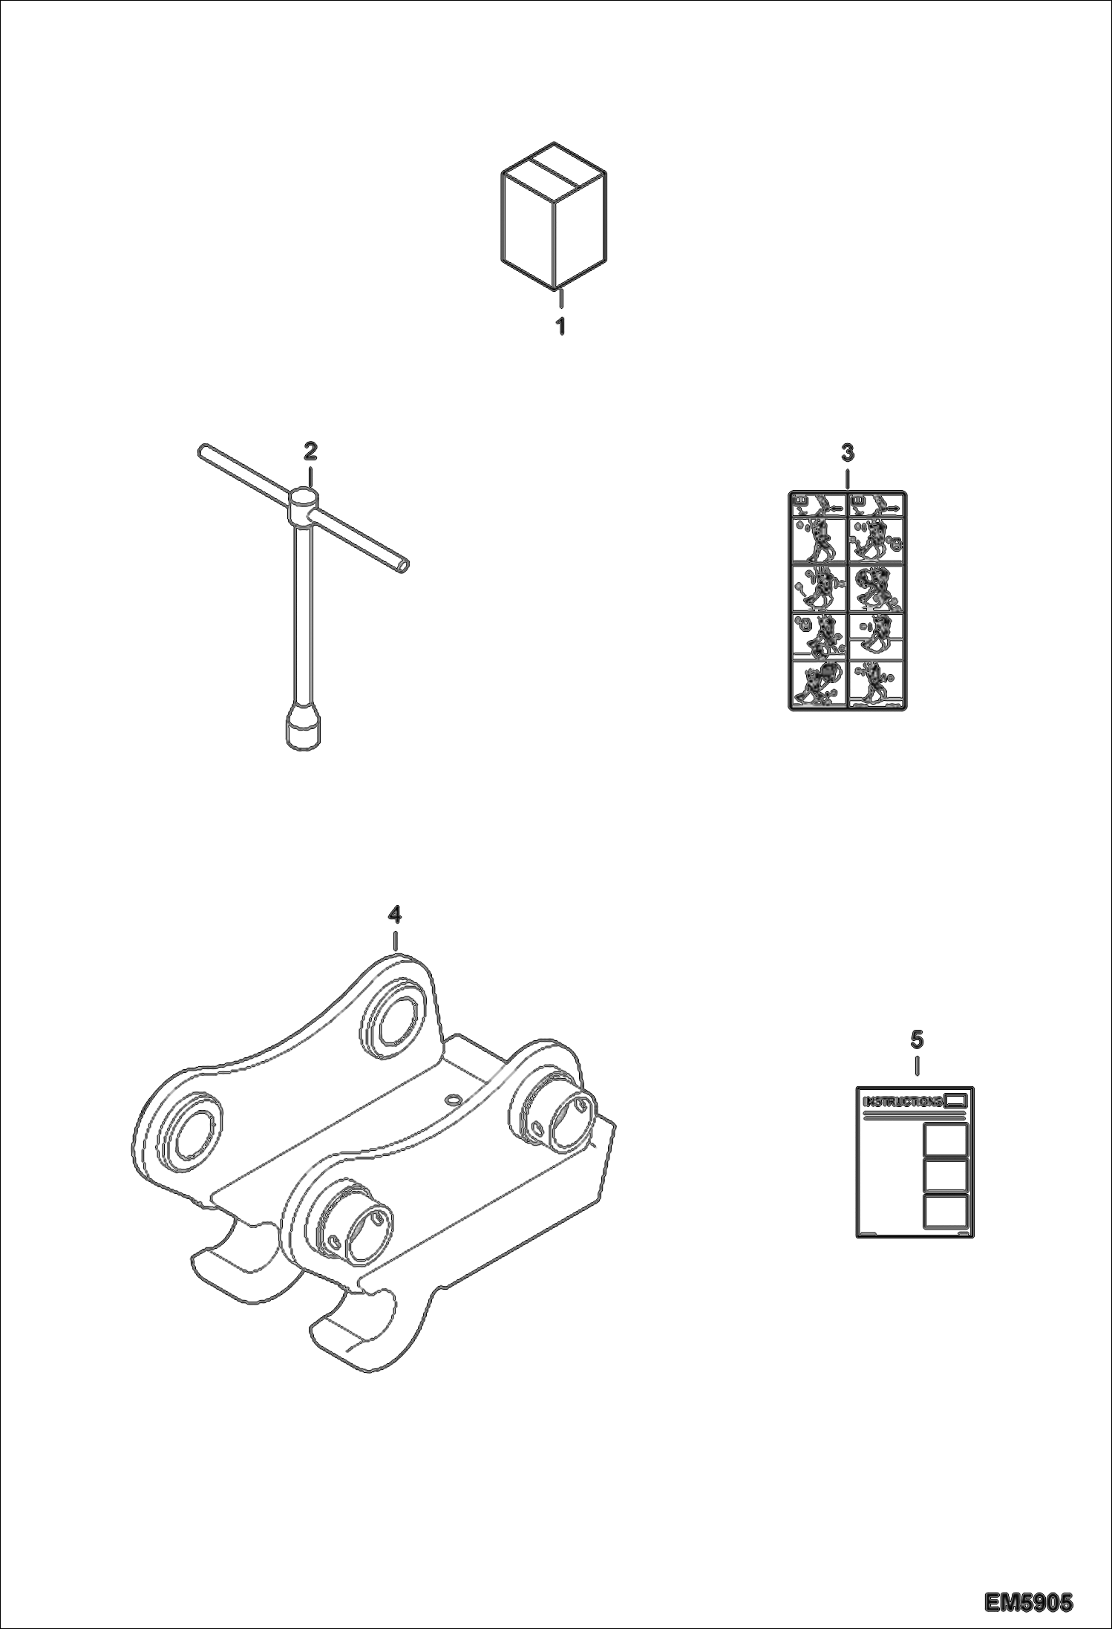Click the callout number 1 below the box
pos(561,325)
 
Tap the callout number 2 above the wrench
pos(310,450)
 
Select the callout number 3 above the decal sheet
pos(848,452)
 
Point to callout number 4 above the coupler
pos(395,915)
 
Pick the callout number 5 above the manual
pos(918,1039)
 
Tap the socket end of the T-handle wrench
pos(304,728)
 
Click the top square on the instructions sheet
pos(945,1140)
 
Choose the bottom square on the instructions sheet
pos(945,1211)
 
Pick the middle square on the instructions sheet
pos(945,1175)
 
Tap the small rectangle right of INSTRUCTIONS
pos(956,1100)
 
